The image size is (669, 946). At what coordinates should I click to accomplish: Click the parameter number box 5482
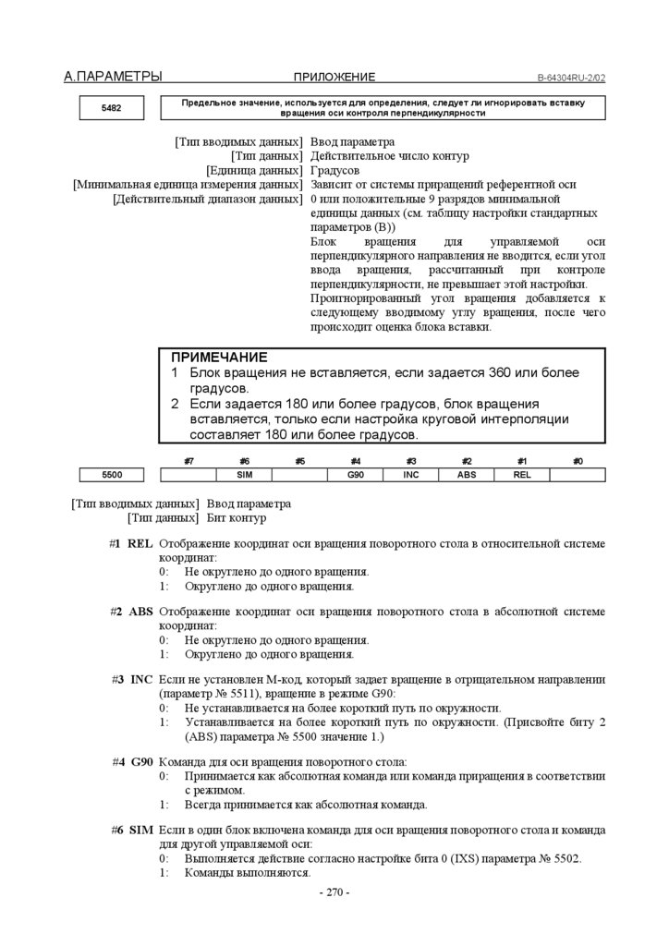point(111,108)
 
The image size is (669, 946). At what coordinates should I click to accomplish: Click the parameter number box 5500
point(111,475)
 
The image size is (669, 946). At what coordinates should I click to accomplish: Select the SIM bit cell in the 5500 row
point(244,475)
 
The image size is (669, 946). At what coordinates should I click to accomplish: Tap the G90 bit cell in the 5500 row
point(355,475)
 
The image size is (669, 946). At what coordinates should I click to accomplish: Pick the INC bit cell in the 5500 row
point(411,475)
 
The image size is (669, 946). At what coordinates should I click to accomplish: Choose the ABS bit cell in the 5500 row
point(467,475)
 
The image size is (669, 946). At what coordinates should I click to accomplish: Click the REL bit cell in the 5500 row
point(522,475)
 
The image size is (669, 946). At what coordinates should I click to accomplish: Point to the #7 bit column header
point(189,460)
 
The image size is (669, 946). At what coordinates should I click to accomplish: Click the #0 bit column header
point(578,460)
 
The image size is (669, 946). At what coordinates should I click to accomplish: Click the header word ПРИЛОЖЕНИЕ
point(334,78)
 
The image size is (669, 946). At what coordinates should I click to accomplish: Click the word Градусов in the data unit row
point(335,171)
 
